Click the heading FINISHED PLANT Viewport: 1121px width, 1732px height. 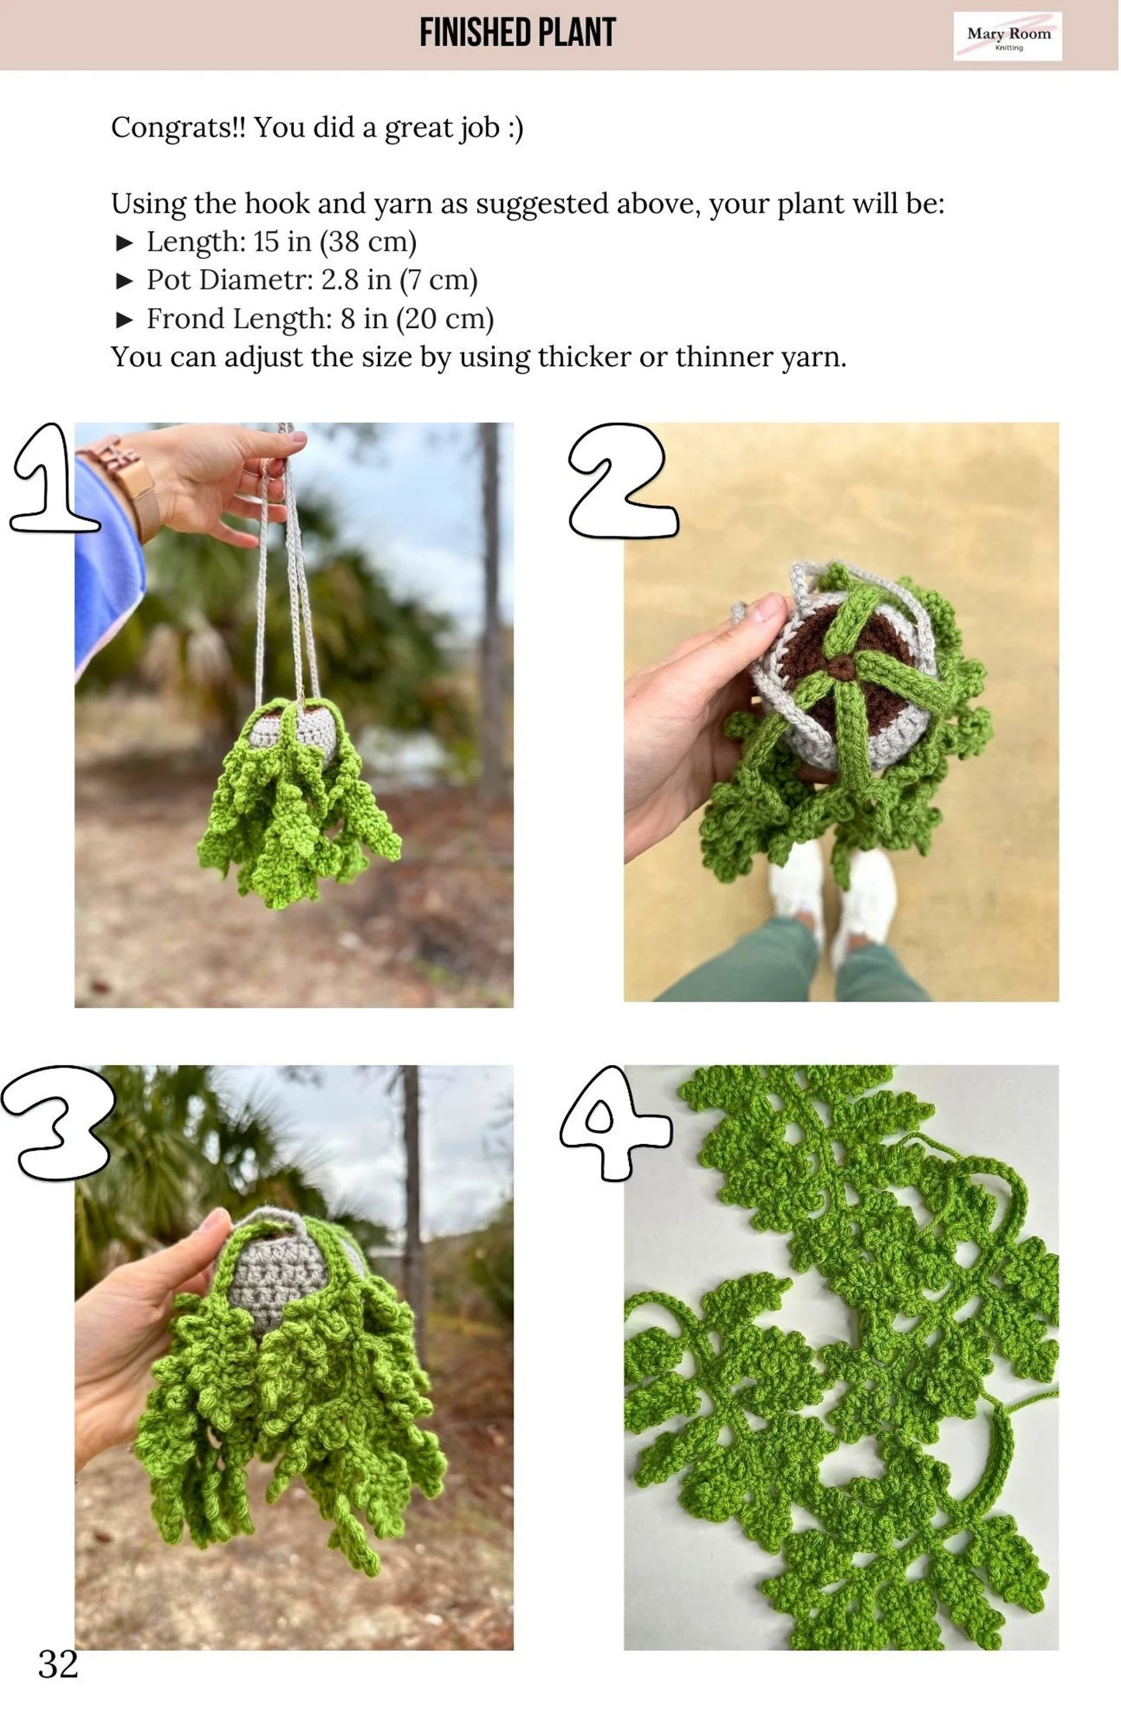coord(517,33)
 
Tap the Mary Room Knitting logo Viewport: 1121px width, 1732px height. coord(1008,36)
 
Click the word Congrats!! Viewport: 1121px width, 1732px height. coord(178,127)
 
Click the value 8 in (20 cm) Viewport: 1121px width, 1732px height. coord(417,318)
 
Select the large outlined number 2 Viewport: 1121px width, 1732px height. coord(622,481)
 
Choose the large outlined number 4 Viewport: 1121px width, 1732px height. coord(614,1122)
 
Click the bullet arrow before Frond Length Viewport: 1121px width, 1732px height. coord(124,319)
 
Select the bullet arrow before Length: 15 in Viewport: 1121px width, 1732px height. coord(124,243)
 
